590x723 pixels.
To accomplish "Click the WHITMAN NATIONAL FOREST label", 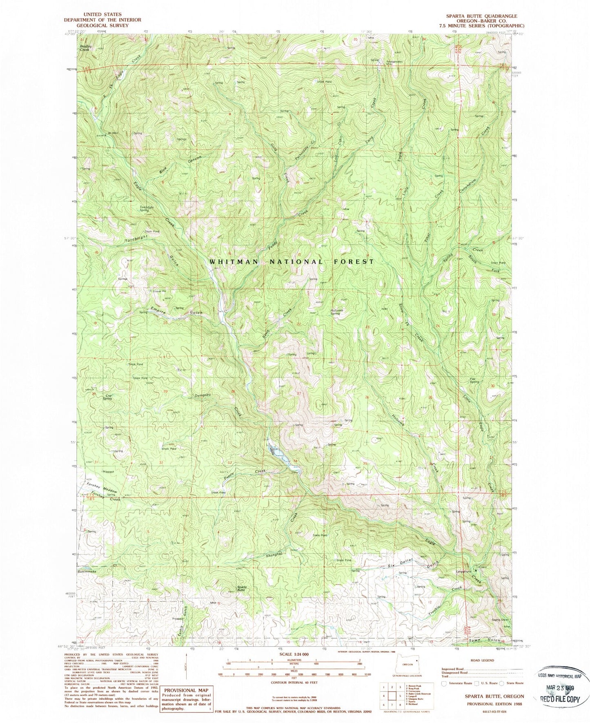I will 292,261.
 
